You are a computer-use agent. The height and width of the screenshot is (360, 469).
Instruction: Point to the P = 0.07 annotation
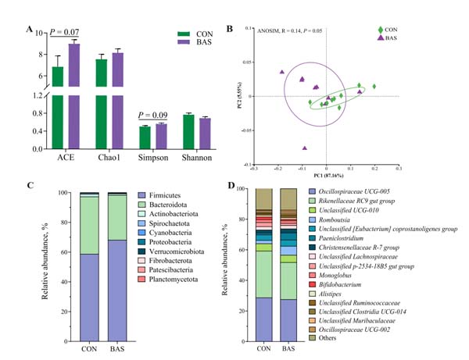(65, 33)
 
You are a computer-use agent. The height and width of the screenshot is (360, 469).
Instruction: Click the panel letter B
(229, 30)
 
